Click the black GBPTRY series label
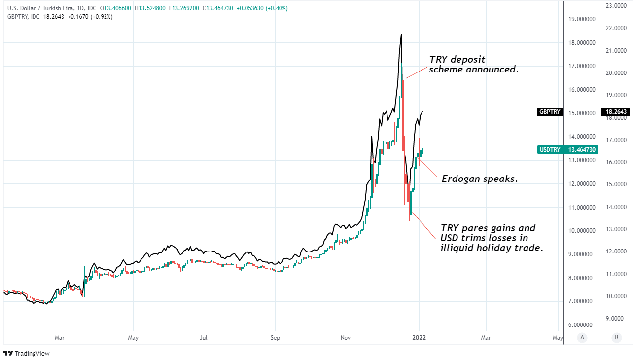550,112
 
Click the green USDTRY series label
550,149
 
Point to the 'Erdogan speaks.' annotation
479,179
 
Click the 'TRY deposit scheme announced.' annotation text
473,65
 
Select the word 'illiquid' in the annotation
458,248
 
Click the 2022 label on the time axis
419,338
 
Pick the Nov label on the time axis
345,338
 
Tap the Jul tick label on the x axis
203,338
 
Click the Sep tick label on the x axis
275,338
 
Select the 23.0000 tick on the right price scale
616,5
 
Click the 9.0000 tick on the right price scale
616,318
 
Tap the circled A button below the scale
582,338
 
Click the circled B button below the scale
616,338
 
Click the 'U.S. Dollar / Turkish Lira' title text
36,8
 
